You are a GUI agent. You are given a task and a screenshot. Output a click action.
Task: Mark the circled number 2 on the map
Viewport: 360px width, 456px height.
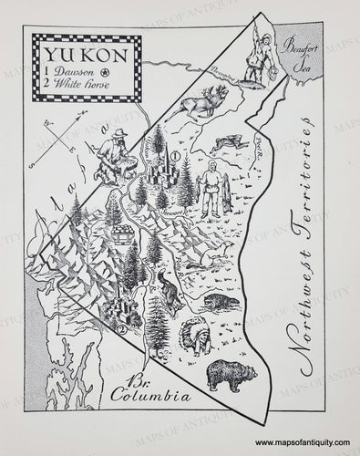point(122,329)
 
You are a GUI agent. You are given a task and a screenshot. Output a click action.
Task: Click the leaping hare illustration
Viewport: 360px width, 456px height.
point(226,144)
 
